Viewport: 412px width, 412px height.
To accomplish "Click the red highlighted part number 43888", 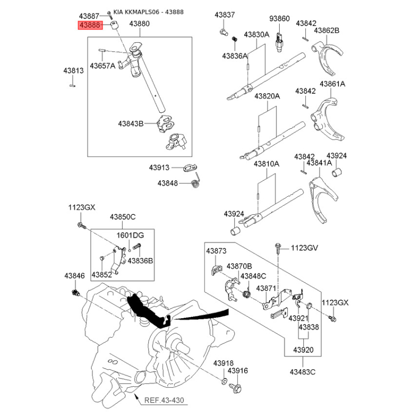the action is pos(90,25).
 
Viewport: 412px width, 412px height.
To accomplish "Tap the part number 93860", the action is pos(279,19).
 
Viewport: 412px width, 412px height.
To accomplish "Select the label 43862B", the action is pos(327,30).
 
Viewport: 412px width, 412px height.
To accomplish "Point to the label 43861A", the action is pos(332,84).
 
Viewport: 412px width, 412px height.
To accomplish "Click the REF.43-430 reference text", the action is pos(164,400).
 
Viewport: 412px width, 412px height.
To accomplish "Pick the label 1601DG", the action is pos(130,235).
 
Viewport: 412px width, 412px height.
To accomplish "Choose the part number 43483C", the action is pos(302,372).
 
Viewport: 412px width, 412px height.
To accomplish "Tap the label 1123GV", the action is pos(304,248).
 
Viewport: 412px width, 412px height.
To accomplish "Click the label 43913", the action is pos(159,167).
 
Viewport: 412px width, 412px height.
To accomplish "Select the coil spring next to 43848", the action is pos(195,183).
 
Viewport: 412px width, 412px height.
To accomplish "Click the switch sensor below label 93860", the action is pos(279,42).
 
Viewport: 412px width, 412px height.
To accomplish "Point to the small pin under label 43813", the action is pos(73,85).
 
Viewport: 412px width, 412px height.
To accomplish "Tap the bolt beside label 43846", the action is pos(75,293).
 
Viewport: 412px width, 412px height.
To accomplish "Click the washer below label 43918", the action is pos(224,381).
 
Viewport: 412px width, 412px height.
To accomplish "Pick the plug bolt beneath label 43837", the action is pos(224,32).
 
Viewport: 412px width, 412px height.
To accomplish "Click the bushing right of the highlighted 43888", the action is pos(114,26).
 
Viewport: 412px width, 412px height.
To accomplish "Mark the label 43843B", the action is pos(131,124).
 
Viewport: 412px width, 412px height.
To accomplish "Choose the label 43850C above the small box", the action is pos(123,217).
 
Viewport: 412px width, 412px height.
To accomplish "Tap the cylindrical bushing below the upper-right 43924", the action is pos(337,172).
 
